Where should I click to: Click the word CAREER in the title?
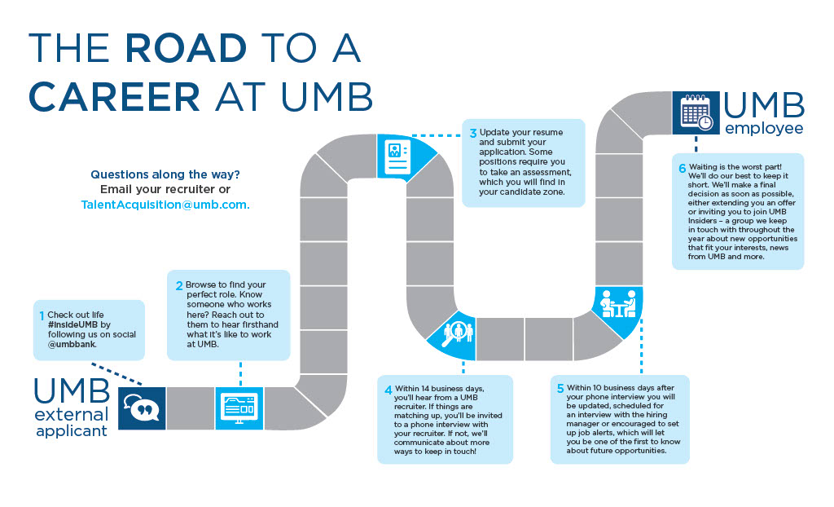point(115,95)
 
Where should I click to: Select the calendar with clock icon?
point(696,113)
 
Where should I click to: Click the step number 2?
point(178,286)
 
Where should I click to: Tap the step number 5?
point(560,388)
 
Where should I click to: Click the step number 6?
point(683,167)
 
